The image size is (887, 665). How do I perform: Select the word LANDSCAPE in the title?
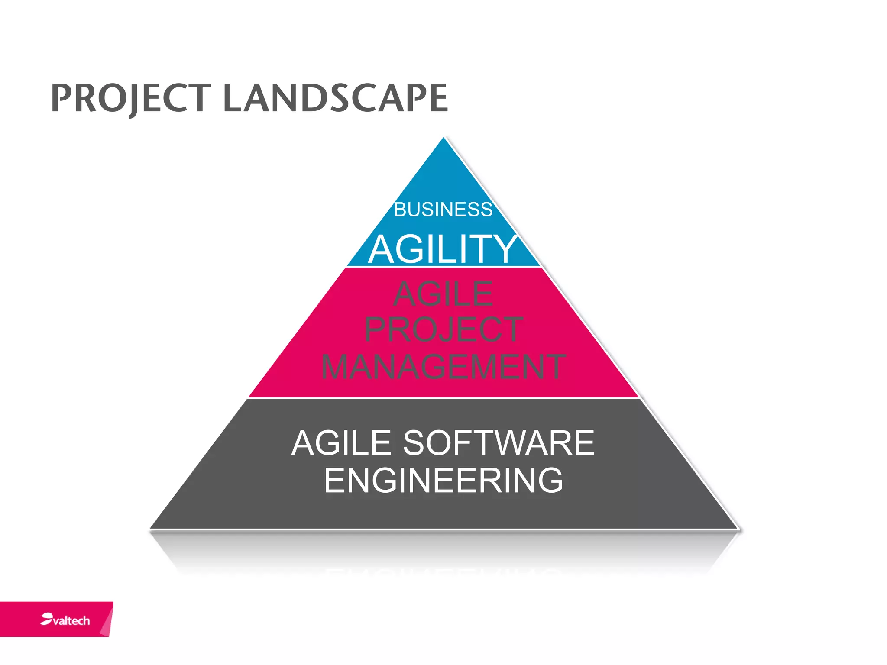click(335, 98)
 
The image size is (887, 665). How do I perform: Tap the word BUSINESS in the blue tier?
click(443, 210)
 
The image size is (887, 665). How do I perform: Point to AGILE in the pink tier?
click(443, 294)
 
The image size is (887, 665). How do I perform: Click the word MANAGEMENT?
click(443, 367)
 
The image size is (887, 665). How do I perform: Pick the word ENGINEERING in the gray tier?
click(443, 480)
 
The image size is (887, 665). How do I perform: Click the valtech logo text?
click(71, 621)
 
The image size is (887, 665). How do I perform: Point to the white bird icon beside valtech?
click(46, 619)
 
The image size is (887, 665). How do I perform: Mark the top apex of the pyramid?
click(443, 139)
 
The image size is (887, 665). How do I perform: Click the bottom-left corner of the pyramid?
click(151, 528)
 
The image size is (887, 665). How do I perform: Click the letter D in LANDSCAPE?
click(314, 98)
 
